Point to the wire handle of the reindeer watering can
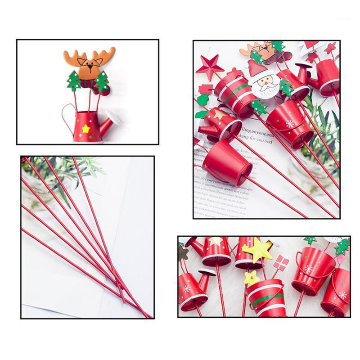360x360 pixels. click(67, 116)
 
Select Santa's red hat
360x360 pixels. click(257, 68)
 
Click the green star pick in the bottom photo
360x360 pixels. click(342, 245)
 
